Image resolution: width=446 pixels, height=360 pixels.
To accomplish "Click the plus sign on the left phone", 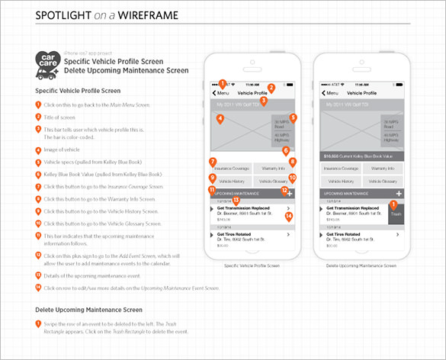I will coord(290,195).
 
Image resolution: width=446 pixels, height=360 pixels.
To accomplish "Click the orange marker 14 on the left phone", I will coord(289,216).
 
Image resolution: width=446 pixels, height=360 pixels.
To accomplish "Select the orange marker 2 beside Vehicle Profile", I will coord(271,88).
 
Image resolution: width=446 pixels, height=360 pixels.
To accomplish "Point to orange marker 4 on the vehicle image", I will coord(220,119).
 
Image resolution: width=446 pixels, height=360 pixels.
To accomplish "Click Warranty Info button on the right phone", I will coord(380,168).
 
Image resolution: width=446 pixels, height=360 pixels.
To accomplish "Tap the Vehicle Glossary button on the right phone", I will coord(380,182).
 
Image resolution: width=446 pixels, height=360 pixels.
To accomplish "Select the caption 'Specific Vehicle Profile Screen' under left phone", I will coord(252,266).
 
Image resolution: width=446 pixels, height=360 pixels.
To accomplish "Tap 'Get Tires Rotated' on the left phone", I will coord(236,233).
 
